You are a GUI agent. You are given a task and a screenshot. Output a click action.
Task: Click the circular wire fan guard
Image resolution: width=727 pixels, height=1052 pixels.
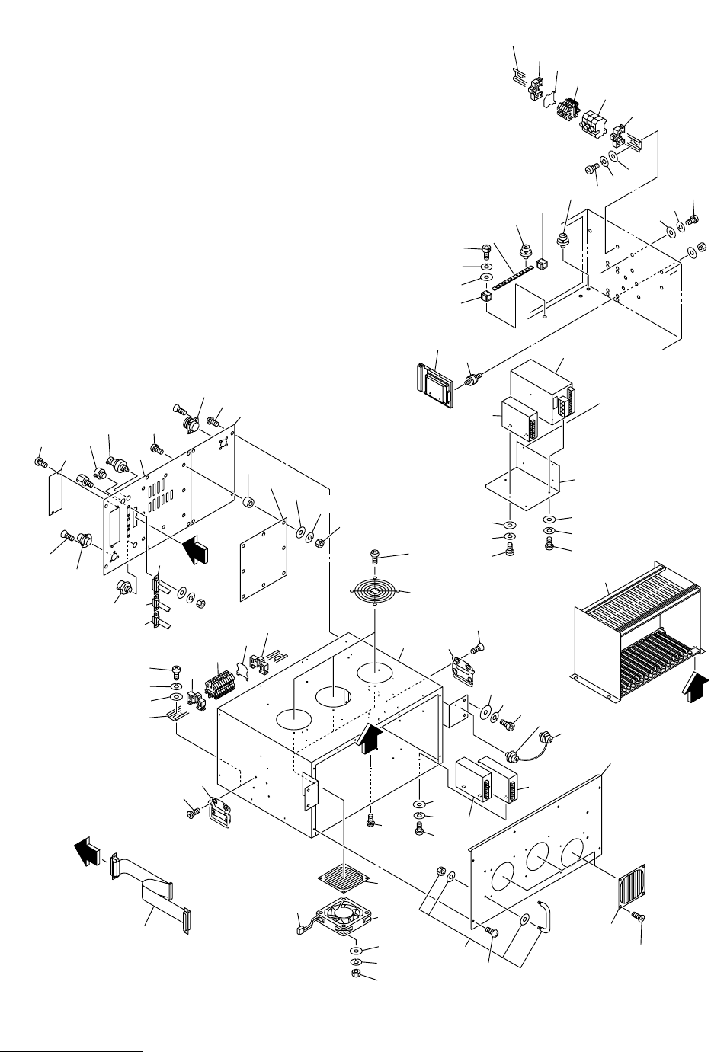point(376,593)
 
